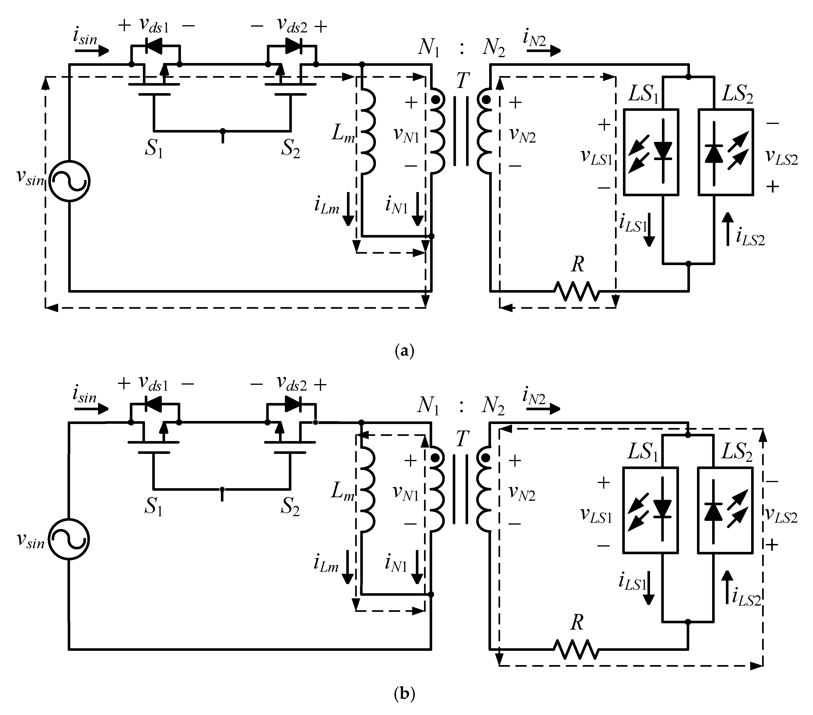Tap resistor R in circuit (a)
pos(577,291)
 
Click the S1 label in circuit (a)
pos(154,149)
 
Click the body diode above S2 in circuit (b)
pos(293,404)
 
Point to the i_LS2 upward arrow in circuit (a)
pos(728,228)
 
